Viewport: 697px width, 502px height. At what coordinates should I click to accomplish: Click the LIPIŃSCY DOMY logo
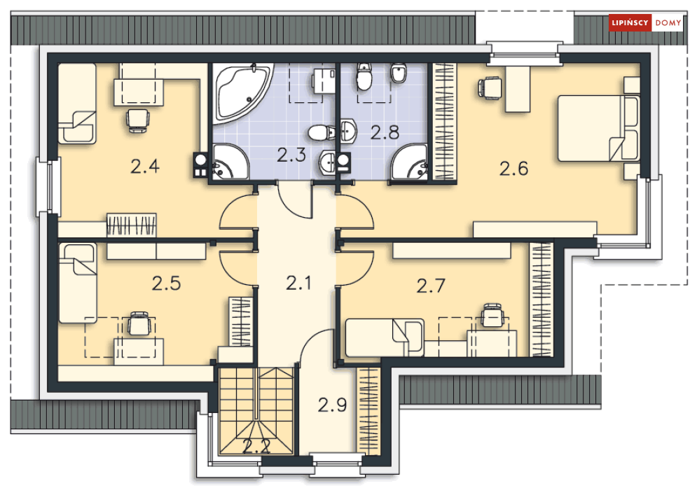coord(646,22)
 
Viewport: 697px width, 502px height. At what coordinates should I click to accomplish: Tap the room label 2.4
coord(145,167)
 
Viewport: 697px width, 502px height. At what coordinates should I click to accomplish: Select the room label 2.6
coord(513,169)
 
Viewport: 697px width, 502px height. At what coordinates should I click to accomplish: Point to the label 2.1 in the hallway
coord(298,283)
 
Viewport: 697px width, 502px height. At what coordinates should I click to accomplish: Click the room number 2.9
coord(332,405)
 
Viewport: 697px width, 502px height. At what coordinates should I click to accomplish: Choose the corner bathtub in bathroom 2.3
coord(242,92)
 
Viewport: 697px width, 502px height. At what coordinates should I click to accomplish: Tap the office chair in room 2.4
coord(138,120)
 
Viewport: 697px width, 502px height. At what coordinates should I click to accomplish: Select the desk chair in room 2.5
coord(139,324)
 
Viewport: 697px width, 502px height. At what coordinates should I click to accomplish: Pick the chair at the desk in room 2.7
coord(493,316)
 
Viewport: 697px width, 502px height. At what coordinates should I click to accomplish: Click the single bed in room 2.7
coord(385,337)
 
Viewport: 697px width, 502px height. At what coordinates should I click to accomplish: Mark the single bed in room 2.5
coord(77,283)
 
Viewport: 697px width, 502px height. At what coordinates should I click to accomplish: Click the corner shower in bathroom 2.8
coord(409,162)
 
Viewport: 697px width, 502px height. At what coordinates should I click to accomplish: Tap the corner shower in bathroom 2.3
coord(230,162)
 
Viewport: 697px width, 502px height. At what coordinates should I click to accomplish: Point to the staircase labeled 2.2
coord(256,410)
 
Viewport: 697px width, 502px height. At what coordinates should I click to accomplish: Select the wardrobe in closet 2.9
coord(368,410)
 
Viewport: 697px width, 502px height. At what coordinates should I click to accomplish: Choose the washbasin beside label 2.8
coord(348,131)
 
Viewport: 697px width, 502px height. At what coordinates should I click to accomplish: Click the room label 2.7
coord(431,286)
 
